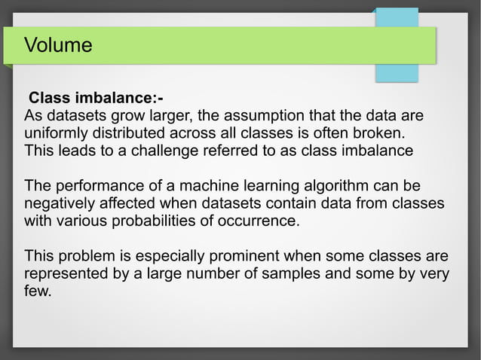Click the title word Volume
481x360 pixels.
tap(58, 45)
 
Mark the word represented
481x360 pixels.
tap(67, 273)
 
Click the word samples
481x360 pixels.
tap(294, 273)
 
